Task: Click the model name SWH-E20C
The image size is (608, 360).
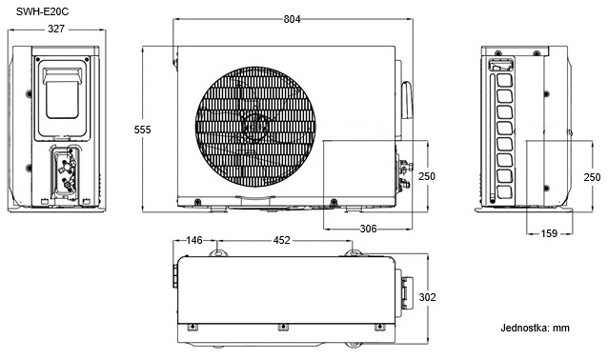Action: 42,11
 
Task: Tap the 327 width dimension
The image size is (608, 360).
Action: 56,29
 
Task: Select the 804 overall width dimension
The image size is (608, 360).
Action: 292,19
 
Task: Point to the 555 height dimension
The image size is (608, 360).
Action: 142,130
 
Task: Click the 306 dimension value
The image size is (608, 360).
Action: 368,229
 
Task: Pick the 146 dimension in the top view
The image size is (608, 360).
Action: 193,240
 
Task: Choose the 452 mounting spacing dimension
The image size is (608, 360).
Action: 281,240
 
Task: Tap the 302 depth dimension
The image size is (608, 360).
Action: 427,297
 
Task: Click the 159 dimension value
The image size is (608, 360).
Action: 549,233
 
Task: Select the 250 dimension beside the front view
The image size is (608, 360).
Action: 427,176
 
